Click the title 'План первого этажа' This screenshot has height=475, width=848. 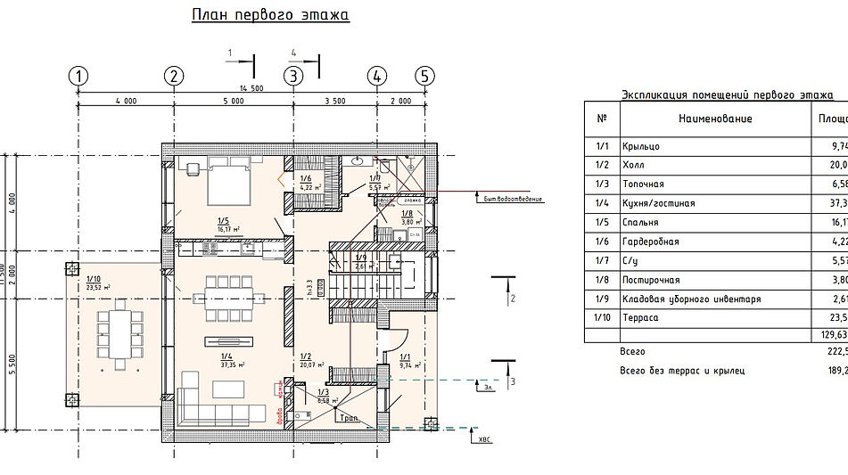270,16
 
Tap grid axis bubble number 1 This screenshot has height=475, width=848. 80,76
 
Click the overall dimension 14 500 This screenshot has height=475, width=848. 251,87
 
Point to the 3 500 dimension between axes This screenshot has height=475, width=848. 335,101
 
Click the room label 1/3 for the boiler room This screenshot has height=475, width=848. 322,392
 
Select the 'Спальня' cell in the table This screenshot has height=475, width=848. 641,223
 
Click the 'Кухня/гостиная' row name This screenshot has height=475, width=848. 659,203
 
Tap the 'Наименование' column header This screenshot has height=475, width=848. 714,119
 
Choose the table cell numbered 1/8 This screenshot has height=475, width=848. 602,280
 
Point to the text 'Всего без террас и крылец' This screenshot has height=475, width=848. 681,371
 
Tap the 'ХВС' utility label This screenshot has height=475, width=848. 484,439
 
